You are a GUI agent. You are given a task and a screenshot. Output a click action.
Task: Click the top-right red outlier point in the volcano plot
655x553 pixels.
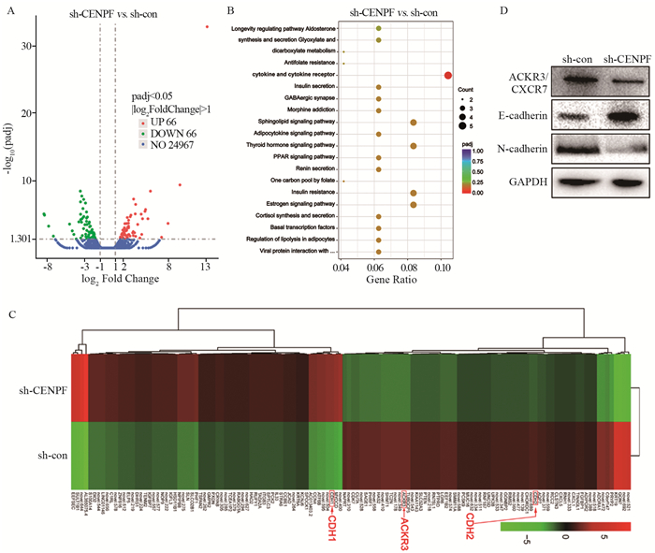coord(207,27)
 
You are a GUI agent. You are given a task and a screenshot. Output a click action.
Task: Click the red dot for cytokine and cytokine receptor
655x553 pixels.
coord(448,75)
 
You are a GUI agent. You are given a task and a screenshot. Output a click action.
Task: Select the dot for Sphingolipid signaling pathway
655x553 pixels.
coord(413,123)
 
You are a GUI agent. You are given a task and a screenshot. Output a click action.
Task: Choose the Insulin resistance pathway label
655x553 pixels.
coord(298,192)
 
